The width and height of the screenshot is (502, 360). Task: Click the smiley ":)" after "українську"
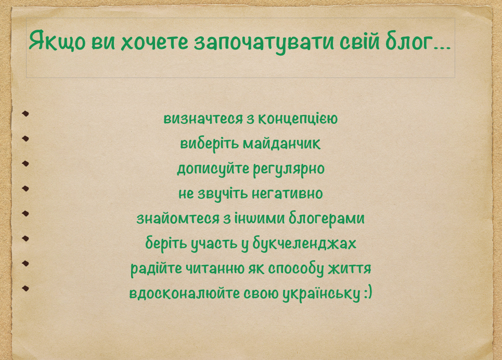point(367,294)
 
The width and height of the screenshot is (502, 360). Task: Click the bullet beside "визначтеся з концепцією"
point(25,113)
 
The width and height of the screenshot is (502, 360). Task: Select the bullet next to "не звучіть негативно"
point(25,188)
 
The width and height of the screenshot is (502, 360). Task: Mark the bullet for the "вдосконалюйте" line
point(25,288)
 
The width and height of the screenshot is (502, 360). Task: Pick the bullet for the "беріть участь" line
point(25,238)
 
